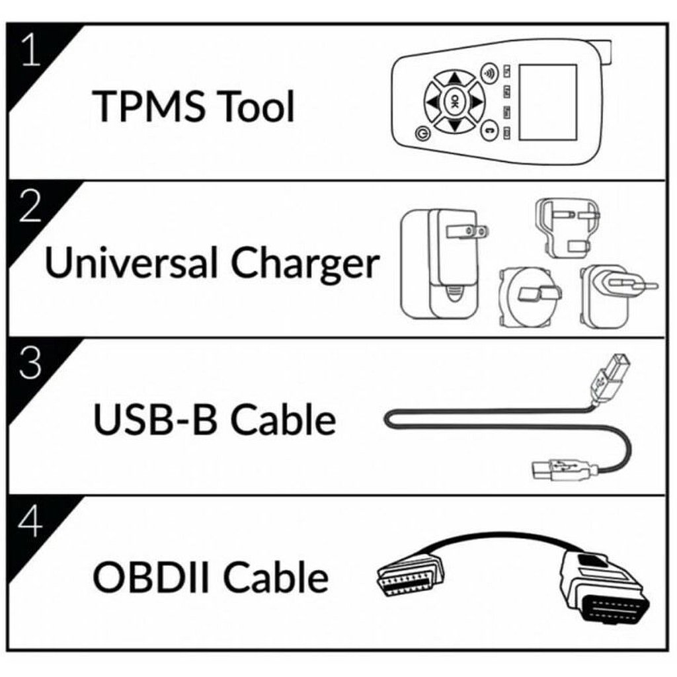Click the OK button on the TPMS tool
(454, 101)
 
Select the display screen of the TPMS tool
(548, 101)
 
